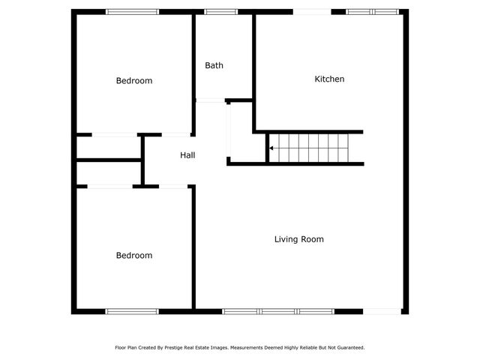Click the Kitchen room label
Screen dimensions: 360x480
[x=329, y=79]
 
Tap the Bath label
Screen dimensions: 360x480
[x=214, y=65]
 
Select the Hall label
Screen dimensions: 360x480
[x=187, y=155]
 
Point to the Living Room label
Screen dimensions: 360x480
[x=298, y=239]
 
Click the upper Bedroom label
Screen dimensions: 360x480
[x=133, y=80]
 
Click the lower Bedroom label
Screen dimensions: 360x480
[x=133, y=255]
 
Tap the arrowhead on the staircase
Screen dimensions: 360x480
[x=271, y=148]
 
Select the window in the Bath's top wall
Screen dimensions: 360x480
[x=221, y=12]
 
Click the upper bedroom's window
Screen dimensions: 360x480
[x=132, y=12]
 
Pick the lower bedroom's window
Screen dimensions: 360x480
[x=132, y=311]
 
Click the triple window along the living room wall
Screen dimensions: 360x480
[x=278, y=311]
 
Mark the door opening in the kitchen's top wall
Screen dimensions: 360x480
[x=311, y=12]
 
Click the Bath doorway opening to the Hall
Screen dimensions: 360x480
[x=210, y=100]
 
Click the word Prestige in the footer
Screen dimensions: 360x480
[x=182, y=348]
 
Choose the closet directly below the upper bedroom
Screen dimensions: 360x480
[x=109, y=148]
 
